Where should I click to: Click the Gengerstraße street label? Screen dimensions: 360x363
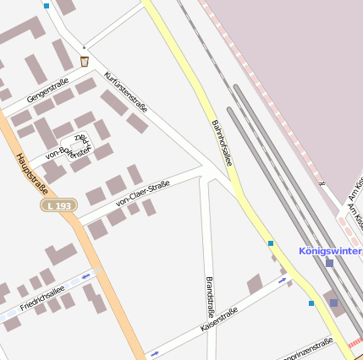coord(47,90)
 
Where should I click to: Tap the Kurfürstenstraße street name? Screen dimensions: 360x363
coord(126,92)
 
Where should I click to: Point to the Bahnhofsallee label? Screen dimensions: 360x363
coord(222,142)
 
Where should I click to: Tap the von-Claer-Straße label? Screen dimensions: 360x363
coord(142,194)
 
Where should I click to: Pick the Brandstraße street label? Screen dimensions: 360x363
coord(210,295)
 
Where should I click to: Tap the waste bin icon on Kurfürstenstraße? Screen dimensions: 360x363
coord(85,61)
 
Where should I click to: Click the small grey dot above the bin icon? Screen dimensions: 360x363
coord(84,47)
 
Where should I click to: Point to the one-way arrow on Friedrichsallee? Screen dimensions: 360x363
coord(85,276)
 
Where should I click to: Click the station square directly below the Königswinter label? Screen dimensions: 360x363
coord(329,263)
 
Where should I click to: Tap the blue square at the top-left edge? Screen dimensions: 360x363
coord(46,5)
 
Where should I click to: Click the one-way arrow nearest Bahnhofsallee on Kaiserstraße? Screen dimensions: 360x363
coord(283,280)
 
